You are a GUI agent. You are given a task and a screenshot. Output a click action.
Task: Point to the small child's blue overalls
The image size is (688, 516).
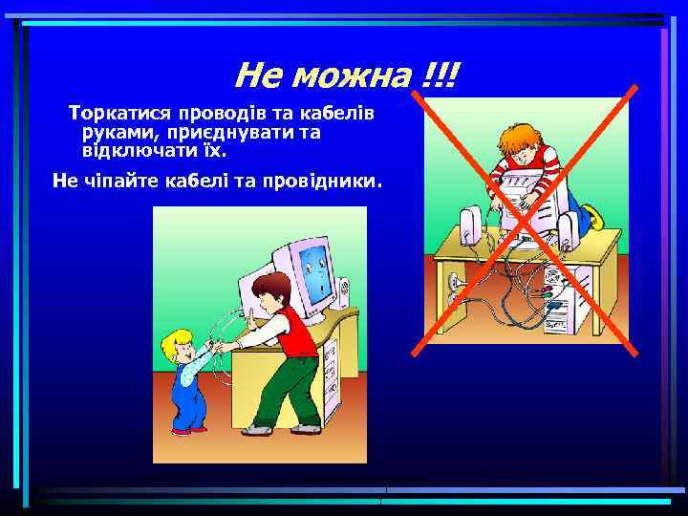coord(186,392)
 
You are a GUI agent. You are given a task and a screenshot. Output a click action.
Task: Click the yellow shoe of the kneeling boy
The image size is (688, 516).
coord(593,217)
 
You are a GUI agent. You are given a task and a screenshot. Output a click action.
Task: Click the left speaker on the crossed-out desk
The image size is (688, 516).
coord(470,225)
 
